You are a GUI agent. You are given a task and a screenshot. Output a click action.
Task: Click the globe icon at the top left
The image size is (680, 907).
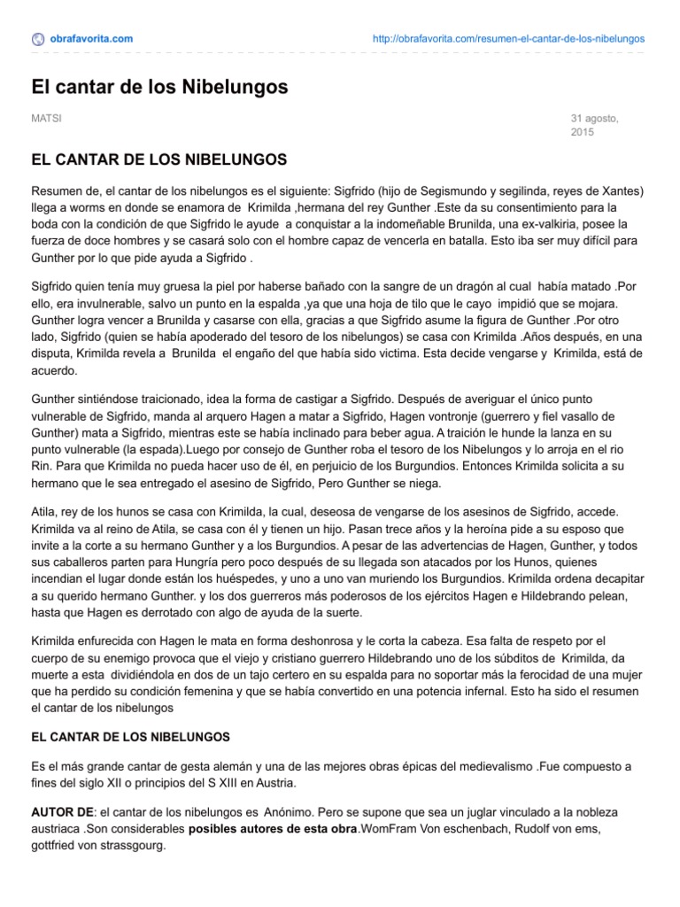pyautogui.click(x=38, y=38)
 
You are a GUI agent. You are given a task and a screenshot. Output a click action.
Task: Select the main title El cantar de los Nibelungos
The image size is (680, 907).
pyautogui.click(x=160, y=87)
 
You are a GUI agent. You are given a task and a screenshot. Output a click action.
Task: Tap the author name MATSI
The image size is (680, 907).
pyautogui.click(x=46, y=118)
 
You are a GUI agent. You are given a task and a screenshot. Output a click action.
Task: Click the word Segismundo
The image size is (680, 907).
pyautogui.click(x=459, y=191)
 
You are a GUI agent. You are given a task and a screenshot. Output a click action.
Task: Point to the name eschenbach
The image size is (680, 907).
pyautogui.click(x=460, y=829)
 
